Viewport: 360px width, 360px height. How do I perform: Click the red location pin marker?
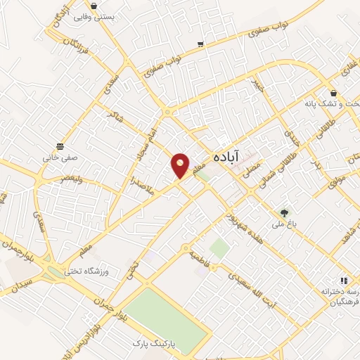point(181,165)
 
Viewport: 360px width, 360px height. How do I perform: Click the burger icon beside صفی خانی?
point(62,146)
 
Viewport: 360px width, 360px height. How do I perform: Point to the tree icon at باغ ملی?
point(284,211)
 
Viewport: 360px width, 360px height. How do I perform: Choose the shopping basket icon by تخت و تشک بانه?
point(333,93)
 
